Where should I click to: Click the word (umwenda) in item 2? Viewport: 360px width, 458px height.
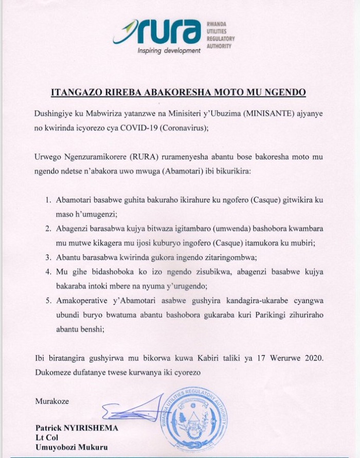point(206,228)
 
